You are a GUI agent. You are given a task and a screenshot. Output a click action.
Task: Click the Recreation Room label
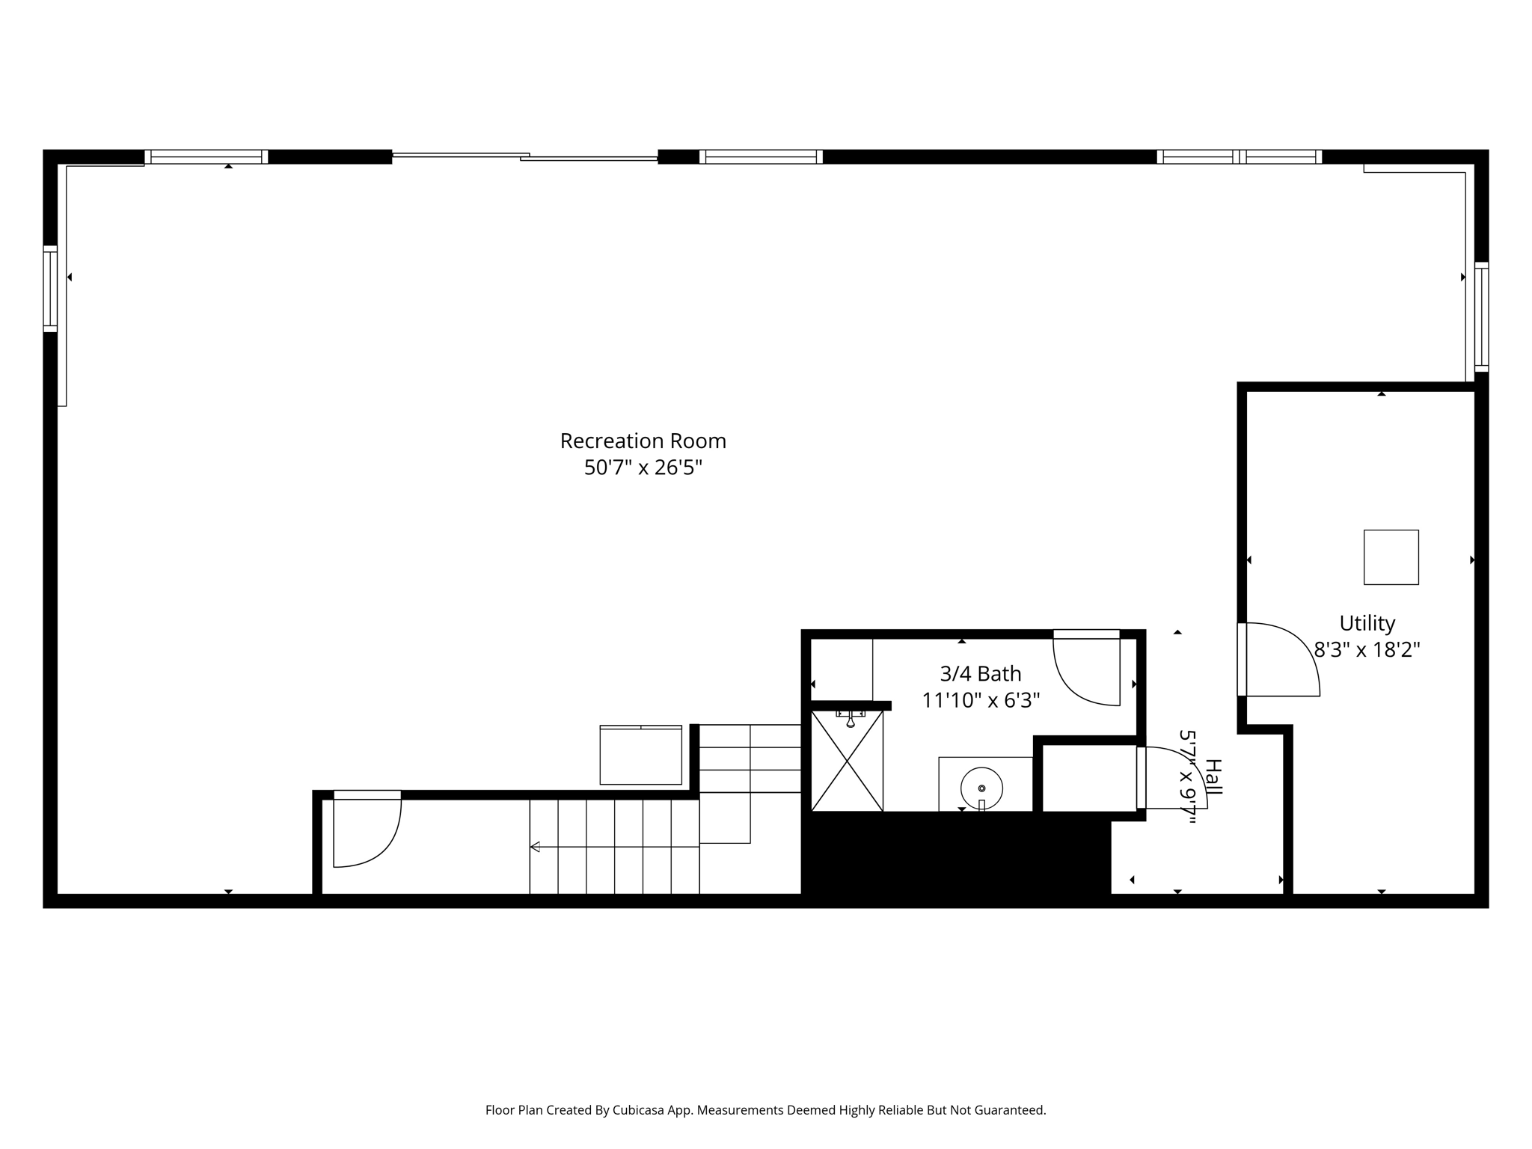643,441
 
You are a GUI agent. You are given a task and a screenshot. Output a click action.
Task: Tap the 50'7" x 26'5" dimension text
643,468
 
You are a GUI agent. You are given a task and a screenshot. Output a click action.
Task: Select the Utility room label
1367,623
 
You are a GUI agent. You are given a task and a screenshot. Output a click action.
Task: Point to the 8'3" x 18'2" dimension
1367,649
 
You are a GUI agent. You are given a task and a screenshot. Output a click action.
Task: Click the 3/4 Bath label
981,674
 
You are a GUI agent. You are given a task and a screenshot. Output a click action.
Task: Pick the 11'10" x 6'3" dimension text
981,700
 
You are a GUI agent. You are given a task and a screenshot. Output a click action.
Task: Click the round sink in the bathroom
981,788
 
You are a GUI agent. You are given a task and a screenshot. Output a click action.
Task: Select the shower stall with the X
847,761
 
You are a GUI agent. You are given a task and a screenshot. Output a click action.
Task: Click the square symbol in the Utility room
1391,557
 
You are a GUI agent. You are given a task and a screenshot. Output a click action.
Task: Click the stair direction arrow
614,847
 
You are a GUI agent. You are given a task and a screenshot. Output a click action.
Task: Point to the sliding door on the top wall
525,156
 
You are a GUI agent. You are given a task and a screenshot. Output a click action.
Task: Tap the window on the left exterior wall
50,289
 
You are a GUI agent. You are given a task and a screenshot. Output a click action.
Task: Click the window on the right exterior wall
1481,317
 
